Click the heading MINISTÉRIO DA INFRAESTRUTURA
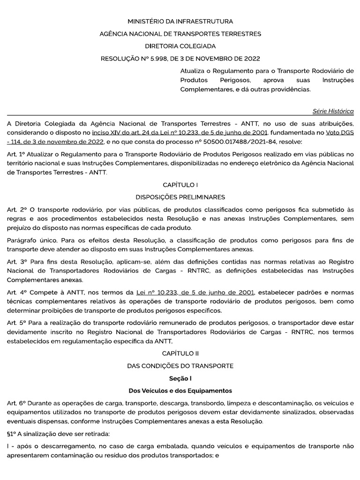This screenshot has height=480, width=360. click(x=180, y=22)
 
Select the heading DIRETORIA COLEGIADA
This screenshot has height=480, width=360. click(x=180, y=46)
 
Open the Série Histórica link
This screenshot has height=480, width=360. click(x=333, y=111)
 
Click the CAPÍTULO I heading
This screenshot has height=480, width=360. click(x=180, y=185)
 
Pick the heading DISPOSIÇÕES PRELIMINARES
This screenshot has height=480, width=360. click(x=180, y=197)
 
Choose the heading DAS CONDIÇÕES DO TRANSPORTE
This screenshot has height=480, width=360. click(x=180, y=366)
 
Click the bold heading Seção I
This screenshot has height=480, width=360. click(x=180, y=378)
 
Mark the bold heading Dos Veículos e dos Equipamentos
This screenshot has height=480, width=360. click(x=180, y=390)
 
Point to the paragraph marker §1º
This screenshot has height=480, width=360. click(x=13, y=433)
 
